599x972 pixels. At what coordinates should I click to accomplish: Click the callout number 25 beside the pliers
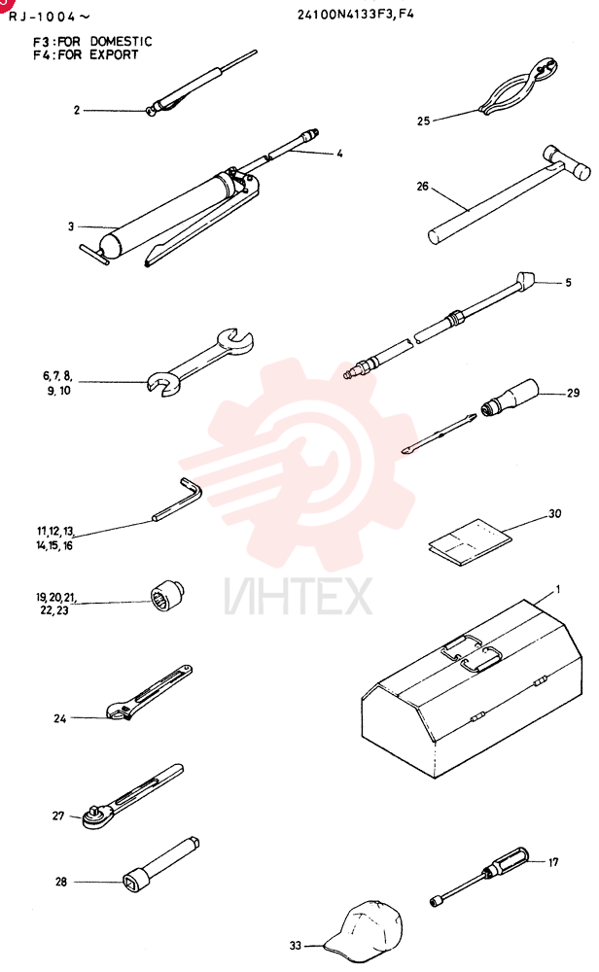[x=423, y=121]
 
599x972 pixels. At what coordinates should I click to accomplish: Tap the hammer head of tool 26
[x=566, y=161]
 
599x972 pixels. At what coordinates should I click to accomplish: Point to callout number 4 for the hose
[x=339, y=154]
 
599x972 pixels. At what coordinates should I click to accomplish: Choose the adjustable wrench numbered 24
[x=149, y=693]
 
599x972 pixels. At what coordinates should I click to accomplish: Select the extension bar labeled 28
[x=160, y=862]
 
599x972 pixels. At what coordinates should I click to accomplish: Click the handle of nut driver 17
[x=507, y=861]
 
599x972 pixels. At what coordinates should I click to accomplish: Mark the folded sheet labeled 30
[x=470, y=541]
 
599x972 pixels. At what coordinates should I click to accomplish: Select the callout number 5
[x=568, y=283]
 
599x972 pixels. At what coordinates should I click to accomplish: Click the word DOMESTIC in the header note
[x=121, y=42]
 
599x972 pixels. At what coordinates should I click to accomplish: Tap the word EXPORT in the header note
[x=114, y=54]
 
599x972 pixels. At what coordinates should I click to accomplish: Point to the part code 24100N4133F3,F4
[x=355, y=14]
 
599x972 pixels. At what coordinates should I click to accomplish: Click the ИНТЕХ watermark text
[x=299, y=597]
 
